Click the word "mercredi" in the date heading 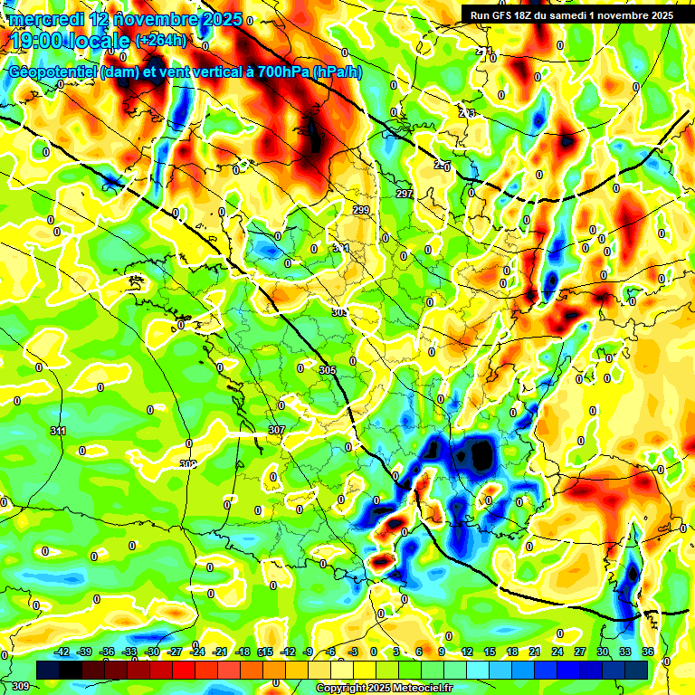click(44, 19)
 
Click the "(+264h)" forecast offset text click(160, 40)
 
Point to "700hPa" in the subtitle click(277, 72)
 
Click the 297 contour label click(405, 195)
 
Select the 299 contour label click(361, 210)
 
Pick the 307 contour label click(277, 430)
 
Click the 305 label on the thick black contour click(328, 370)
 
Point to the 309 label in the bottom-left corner click(20, 687)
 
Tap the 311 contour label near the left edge click(59, 430)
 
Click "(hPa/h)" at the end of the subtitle click(335, 72)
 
